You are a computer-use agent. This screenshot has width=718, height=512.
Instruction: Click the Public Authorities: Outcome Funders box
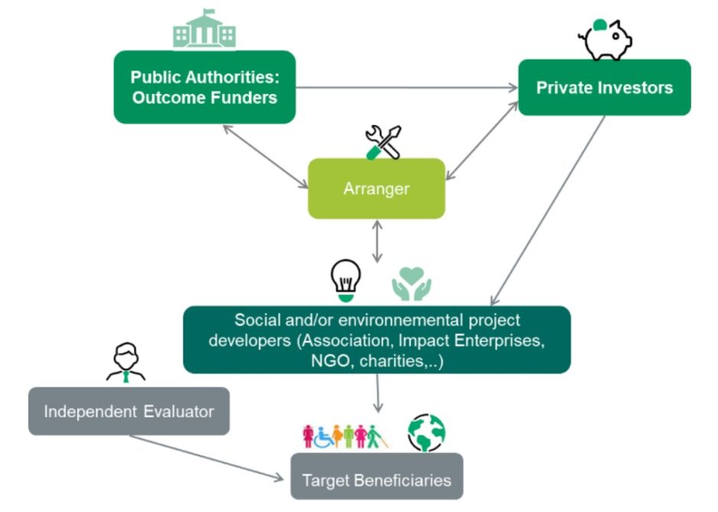(x=204, y=87)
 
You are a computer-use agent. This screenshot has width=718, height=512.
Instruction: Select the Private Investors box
(x=604, y=87)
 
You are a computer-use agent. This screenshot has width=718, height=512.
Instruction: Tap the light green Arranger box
(x=376, y=188)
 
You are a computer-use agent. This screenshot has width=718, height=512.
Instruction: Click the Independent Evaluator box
(x=128, y=411)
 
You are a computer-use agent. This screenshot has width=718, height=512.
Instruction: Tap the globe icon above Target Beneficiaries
(x=425, y=433)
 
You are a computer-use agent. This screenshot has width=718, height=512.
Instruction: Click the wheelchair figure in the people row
(x=323, y=436)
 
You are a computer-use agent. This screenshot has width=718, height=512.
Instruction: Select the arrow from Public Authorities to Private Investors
(x=405, y=88)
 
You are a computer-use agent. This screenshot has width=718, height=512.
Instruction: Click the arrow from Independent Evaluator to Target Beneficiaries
(x=206, y=458)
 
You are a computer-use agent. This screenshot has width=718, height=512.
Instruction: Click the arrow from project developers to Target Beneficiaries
(x=377, y=394)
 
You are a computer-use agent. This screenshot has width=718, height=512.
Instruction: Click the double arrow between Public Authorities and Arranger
(x=264, y=156)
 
